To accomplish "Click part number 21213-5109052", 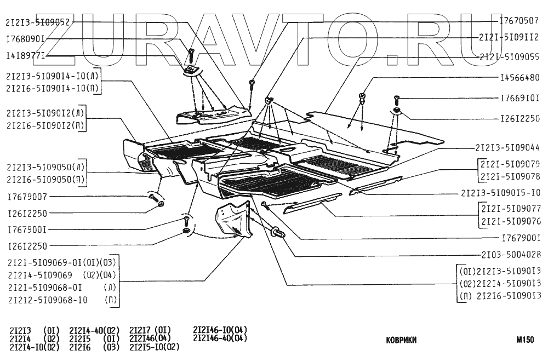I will (38, 22).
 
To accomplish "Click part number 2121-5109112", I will (509, 39).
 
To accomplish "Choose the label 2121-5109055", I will (509, 56).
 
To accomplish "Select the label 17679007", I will (27, 196).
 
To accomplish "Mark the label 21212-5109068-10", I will (48, 301).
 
